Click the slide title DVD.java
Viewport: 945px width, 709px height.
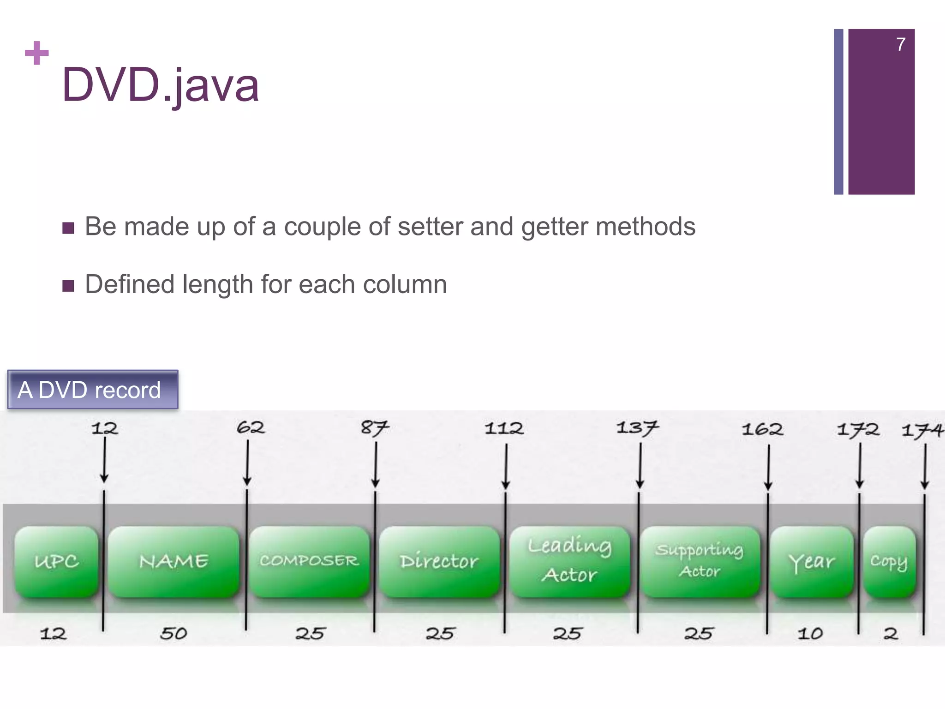160,85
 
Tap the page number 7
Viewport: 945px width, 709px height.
900,44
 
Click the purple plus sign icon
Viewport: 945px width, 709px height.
36,53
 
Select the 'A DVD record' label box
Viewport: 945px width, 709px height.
93,390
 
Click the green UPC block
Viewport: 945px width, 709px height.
56,562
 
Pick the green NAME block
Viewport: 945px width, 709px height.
173,562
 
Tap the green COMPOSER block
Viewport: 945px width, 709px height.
309,562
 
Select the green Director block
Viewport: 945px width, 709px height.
439,562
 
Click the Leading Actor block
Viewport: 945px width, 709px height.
570,562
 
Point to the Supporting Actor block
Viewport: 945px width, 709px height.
700,562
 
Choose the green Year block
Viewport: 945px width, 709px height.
812,562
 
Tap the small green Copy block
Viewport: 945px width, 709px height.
889,562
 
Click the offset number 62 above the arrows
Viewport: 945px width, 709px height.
251,427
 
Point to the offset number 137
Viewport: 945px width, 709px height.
637,428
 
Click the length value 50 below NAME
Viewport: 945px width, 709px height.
173,633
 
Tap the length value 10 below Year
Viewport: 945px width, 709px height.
810,633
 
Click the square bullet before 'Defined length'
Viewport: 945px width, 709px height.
68,286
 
